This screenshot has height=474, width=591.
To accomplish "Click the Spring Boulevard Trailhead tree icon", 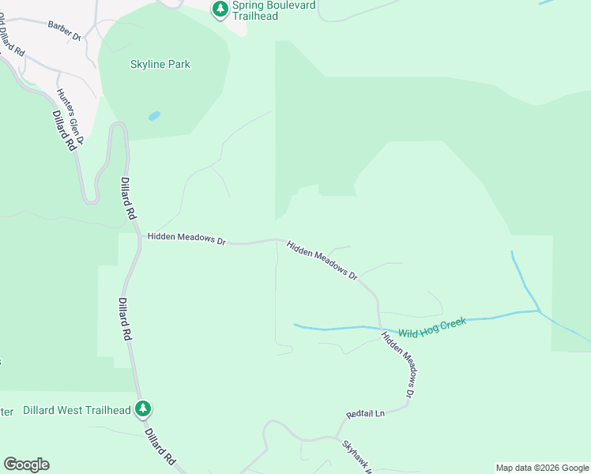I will point(220,9).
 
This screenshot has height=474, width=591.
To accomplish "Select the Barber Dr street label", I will point(65,31).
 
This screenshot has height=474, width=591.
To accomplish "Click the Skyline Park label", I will point(160,65).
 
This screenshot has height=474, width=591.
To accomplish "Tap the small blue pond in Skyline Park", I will point(154,116).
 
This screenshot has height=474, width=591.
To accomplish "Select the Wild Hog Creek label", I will point(432,327).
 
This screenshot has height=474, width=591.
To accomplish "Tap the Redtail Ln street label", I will point(365,414).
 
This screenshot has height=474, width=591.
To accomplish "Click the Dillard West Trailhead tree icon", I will point(143,409).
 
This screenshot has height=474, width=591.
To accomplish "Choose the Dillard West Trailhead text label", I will point(77,410).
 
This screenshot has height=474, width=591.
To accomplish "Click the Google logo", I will point(26,465).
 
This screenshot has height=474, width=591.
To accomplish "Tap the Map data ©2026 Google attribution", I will point(542,468).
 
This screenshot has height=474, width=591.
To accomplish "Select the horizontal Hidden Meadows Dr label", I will point(186,237).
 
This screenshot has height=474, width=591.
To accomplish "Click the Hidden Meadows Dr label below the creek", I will point(398,363).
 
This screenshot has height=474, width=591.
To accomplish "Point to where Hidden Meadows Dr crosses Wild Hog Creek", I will point(380,328).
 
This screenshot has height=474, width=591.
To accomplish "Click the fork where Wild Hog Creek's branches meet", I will point(540,310).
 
